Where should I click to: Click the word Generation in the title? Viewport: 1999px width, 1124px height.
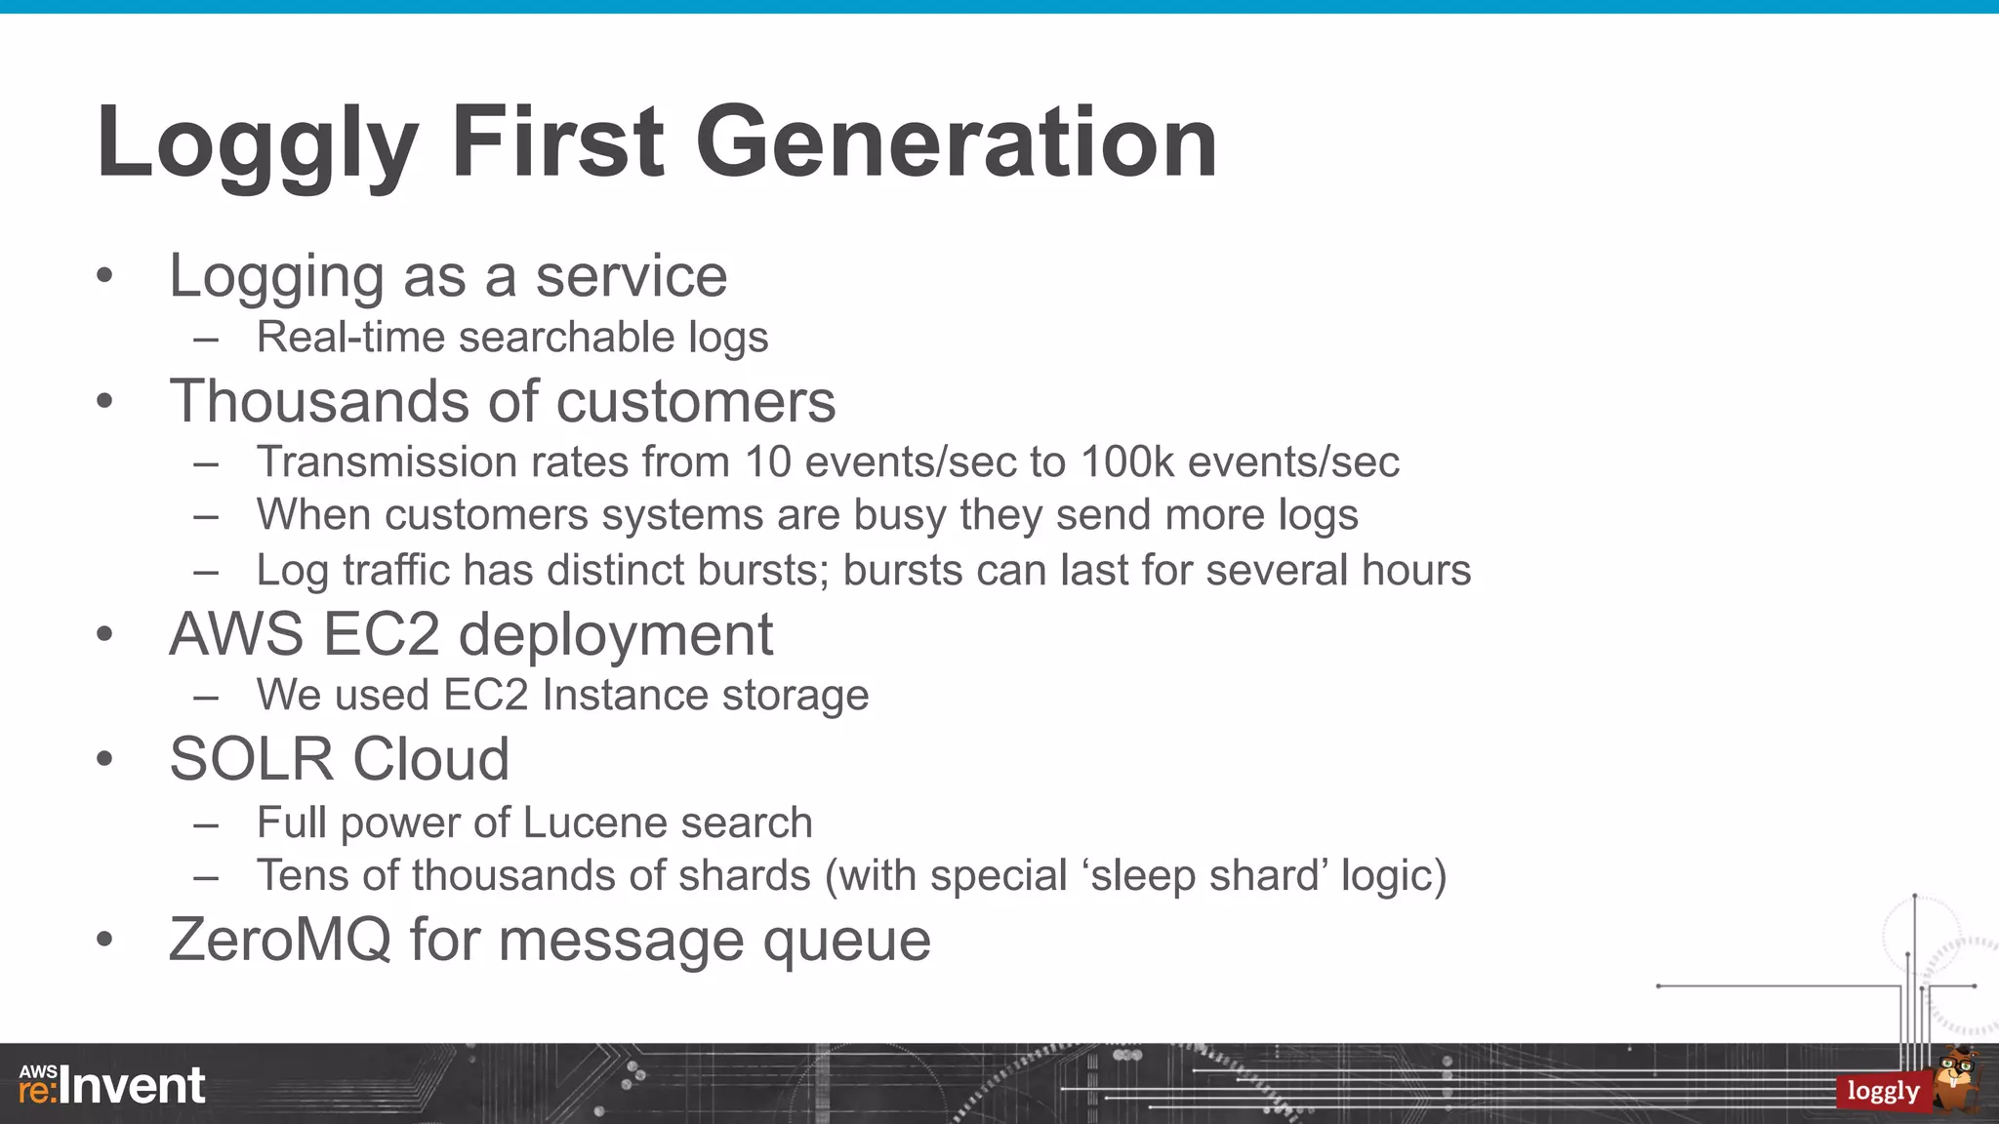tap(956, 143)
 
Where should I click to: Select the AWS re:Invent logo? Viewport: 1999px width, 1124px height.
tap(112, 1085)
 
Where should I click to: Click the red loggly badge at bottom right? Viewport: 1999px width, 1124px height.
tap(1882, 1091)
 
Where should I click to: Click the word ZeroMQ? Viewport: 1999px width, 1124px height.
tap(279, 941)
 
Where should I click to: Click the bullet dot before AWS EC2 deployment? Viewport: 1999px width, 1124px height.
tap(105, 635)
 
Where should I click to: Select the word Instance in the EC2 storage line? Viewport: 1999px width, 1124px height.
tap(625, 696)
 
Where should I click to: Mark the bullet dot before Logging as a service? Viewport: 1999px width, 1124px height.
tap(105, 276)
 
